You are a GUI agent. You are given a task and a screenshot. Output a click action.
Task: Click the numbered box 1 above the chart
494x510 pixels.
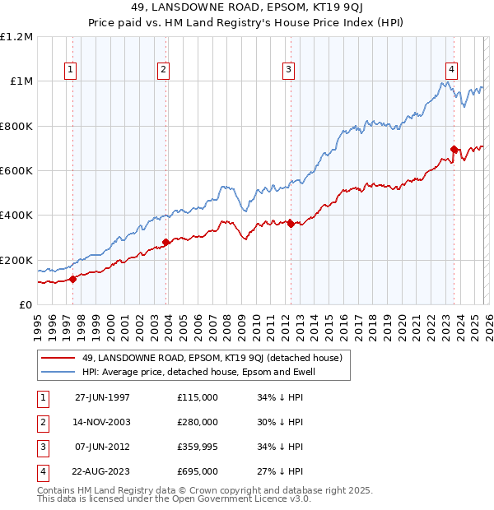72,70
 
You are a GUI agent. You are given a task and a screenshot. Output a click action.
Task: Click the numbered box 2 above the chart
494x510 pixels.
164,70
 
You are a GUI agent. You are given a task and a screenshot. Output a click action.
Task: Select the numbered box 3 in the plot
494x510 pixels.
289,70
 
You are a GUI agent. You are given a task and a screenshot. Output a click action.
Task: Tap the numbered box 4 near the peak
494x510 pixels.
452,70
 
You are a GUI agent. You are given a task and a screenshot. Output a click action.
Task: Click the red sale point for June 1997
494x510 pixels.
73,279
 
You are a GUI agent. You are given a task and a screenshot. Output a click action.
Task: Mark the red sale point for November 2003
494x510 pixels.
165,242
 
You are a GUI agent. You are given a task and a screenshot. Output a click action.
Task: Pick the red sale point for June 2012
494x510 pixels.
291,224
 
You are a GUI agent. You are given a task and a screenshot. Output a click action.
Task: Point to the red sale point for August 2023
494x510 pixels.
454,149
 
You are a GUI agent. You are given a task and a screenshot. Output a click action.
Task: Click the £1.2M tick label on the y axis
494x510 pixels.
16,37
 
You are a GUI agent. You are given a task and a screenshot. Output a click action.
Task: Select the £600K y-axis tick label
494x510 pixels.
16,171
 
